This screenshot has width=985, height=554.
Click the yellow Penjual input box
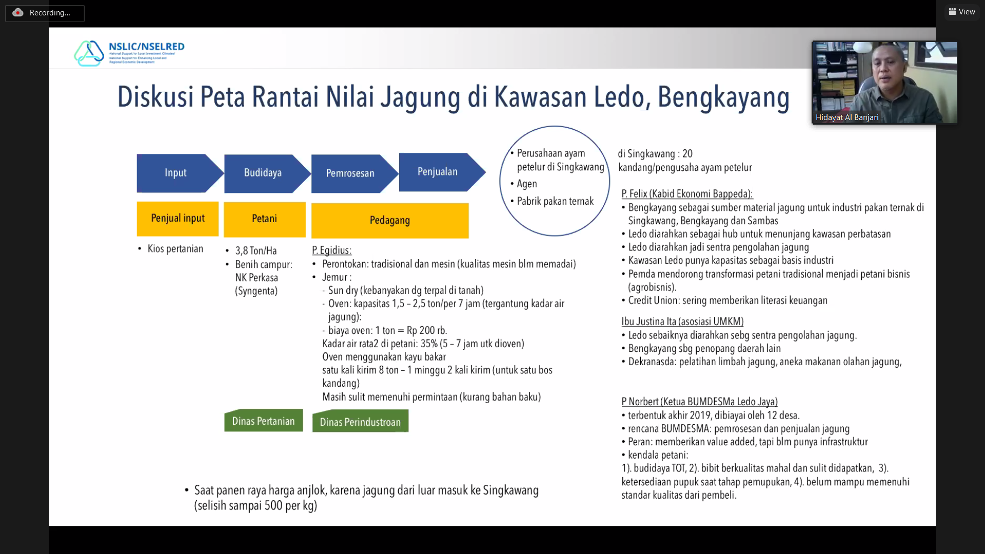pyautogui.click(x=178, y=219)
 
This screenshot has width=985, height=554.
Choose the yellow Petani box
pyautogui.click(x=265, y=219)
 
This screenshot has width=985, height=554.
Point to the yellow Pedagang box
pyautogui.click(x=390, y=221)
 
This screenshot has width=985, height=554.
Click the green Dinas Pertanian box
pyautogui.click(x=264, y=421)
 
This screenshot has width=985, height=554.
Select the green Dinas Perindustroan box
pyautogui.click(x=360, y=421)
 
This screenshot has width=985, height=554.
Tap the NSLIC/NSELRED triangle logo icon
pyautogui.click(x=89, y=53)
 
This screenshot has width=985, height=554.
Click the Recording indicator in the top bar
pyautogui.click(x=45, y=13)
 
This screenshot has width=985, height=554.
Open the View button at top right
pyautogui.click(x=962, y=12)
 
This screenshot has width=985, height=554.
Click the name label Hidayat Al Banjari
pyautogui.click(x=847, y=117)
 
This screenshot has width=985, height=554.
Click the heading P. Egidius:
pyautogui.click(x=331, y=250)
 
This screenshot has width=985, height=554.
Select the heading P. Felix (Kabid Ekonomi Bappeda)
pyautogui.click(x=687, y=194)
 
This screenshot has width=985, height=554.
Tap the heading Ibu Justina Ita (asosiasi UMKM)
pyautogui.click(x=682, y=322)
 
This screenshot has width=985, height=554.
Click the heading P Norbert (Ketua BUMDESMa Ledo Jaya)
pyautogui.click(x=699, y=402)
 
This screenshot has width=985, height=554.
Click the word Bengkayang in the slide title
pyautogui.click(x=723, y=97)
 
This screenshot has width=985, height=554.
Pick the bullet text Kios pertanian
pyautogui.click(x=175, y=249)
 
